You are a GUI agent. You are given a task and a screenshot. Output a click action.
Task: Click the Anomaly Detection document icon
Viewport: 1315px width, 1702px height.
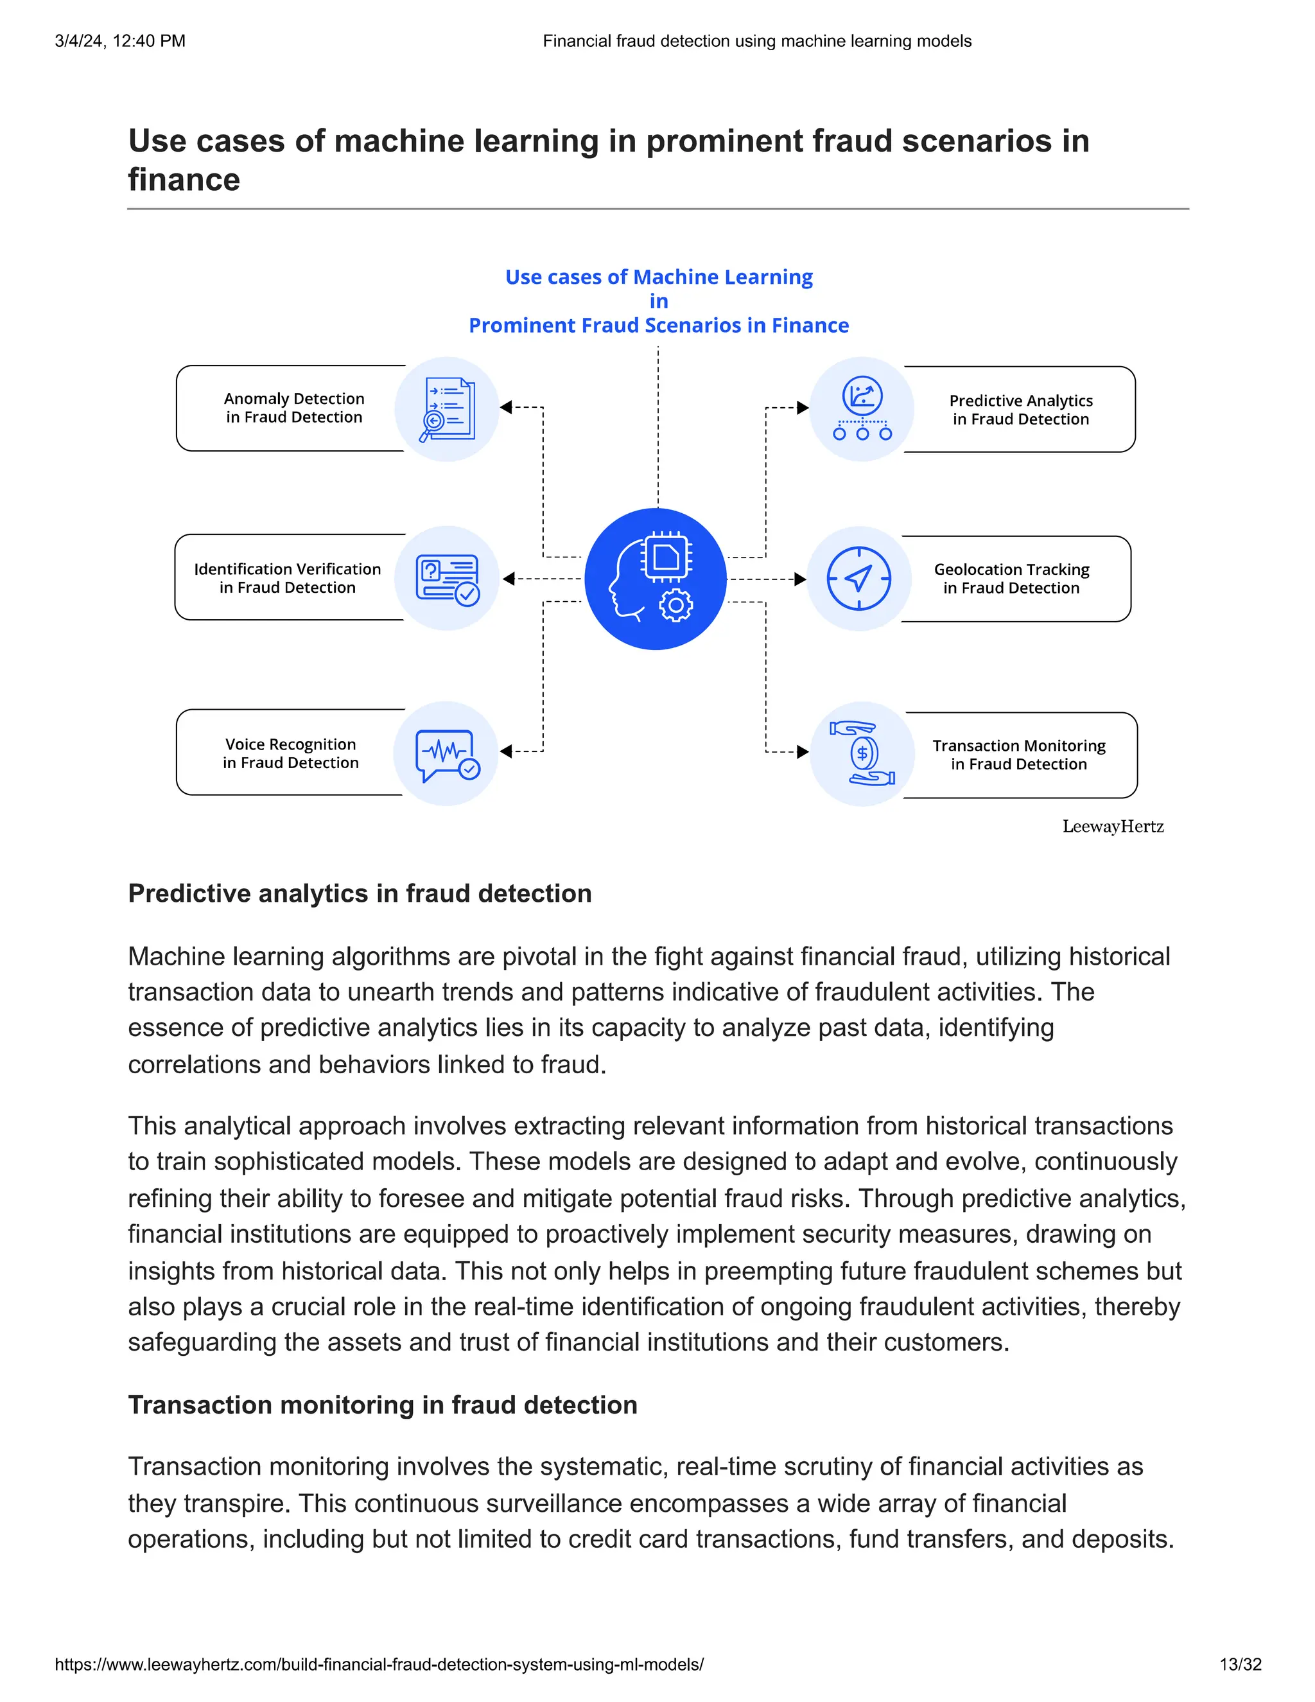click(447, 409)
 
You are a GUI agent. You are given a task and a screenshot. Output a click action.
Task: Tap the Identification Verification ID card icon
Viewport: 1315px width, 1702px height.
click(447, 579)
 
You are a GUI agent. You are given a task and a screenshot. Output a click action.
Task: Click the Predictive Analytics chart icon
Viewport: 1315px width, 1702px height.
click(862, 408)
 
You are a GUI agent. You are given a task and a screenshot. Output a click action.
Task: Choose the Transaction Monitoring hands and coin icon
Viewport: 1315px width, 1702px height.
click(862, 753)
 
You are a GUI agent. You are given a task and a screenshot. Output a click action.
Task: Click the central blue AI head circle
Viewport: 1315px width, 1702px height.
click(655, 579)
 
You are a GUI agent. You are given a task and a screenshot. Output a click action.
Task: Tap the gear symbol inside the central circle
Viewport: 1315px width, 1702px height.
click(675, 605)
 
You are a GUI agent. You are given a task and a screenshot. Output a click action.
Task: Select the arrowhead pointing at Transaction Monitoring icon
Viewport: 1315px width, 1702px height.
click(803, 752)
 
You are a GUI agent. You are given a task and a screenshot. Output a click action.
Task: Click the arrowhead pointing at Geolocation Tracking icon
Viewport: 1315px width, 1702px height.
click(800, 579)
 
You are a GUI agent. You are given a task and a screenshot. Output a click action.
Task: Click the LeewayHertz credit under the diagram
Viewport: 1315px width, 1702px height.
click(1113, 827)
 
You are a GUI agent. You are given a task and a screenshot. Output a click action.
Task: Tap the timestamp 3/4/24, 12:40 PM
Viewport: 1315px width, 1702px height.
click(120, 40)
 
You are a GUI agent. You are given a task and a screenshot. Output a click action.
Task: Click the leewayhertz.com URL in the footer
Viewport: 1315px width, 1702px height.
click(379, 1664)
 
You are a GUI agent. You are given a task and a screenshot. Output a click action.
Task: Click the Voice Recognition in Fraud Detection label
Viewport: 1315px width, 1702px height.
click(291, 753)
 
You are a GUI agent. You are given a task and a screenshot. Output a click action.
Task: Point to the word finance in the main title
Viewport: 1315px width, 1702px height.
click(184, 180)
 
